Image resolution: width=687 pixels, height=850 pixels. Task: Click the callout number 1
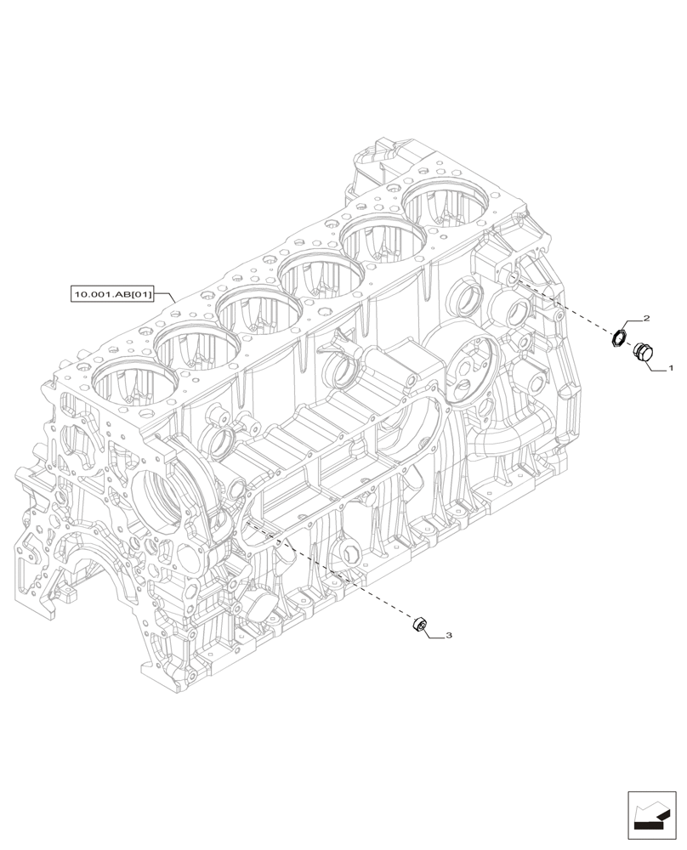(x=670, y=370)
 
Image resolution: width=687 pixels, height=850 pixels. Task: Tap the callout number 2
(x=646, y=319)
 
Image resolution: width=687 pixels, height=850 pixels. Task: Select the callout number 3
(x=449, y=635)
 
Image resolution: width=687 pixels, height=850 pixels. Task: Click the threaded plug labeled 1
(x=644, y=351)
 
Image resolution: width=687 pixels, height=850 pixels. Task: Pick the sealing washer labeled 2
(x=621, y=338)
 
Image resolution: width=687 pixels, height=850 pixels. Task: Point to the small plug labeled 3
(x=419, y=626)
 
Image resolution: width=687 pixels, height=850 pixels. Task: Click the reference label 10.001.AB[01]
(x=112, y=295)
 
